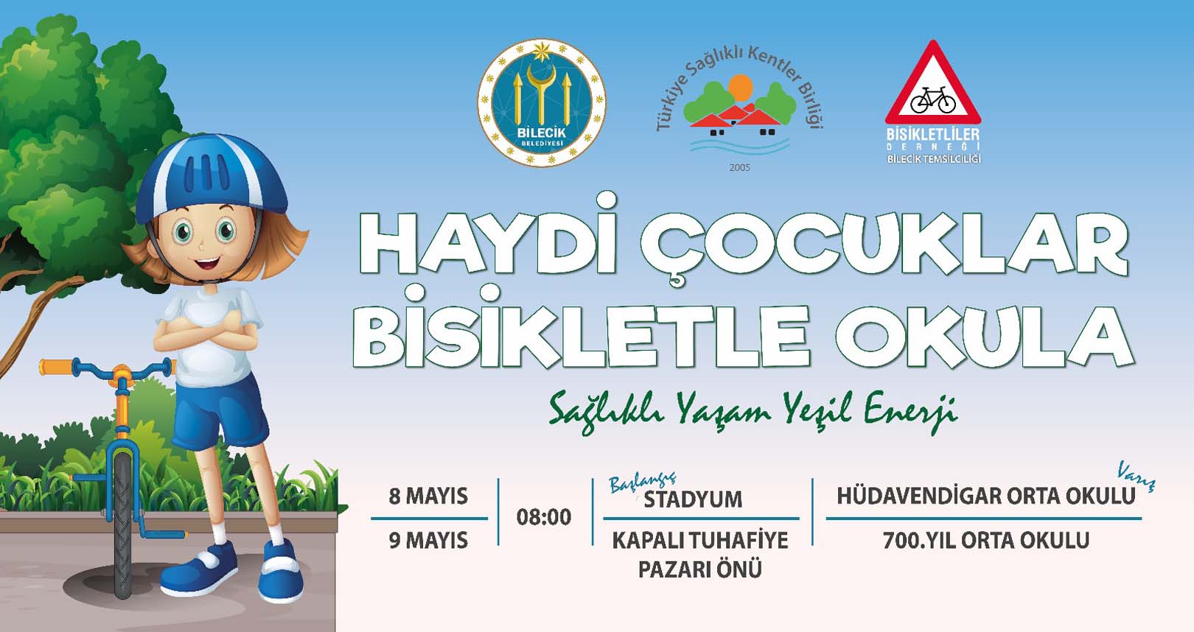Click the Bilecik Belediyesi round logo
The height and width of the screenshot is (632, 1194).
[x=542, y=102]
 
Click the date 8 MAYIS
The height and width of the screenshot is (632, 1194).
[x=428, y=496]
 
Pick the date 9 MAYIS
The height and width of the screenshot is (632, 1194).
[x=428, y=541]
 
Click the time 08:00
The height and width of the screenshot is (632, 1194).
[x=544, y=517]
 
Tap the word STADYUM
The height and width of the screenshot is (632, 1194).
[x=693, y=499]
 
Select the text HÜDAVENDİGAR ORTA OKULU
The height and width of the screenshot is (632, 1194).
[x=986, y=496]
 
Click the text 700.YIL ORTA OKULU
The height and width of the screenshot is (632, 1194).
[x=986, y=541]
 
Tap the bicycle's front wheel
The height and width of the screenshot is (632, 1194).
[x=123, y=525]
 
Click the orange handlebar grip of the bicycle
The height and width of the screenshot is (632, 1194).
[x=57, y=367]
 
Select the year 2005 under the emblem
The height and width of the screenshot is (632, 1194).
[x=739, y=167]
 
